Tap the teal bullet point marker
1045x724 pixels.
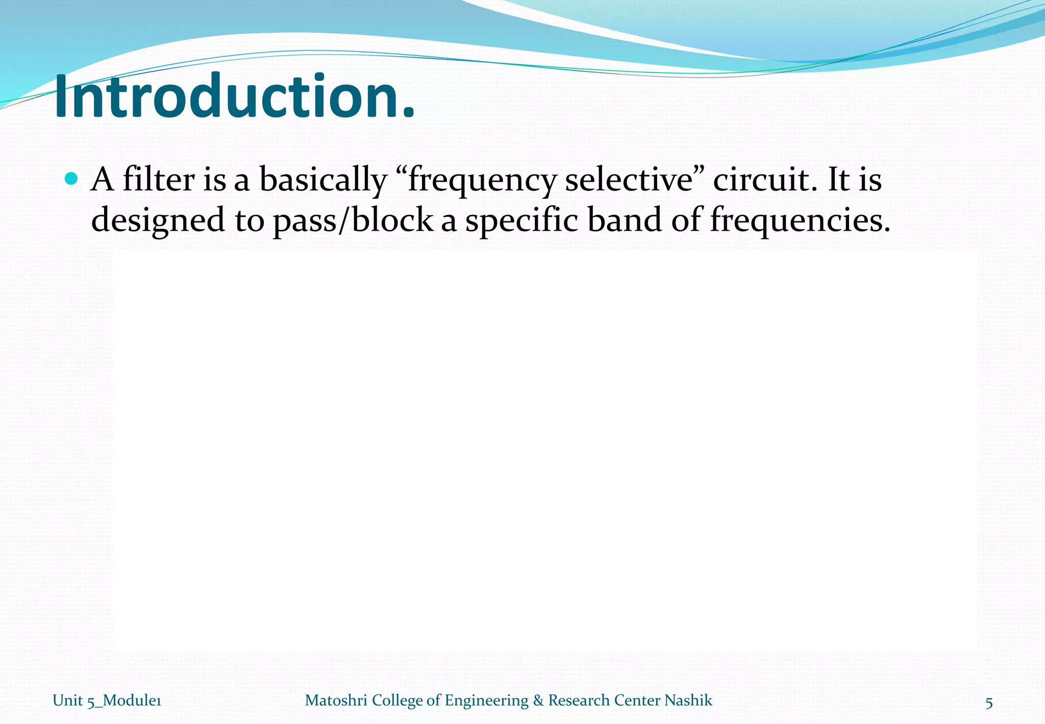[x=72, y=179]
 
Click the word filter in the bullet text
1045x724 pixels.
[x=159, y=180]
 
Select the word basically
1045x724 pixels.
[x=323, y=181]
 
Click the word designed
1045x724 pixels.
[x=158, y=221]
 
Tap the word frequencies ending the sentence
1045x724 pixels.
[x=799, y=221]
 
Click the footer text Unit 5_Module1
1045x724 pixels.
[x=107, y=701]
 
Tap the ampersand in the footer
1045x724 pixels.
[x=538, y=700]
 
